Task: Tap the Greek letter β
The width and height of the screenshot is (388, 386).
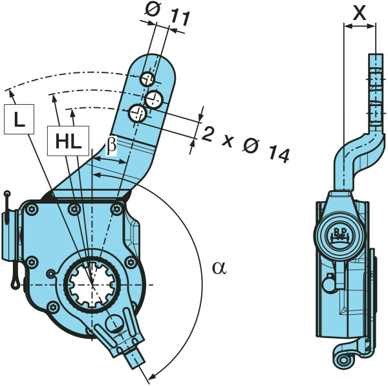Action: [111, 146]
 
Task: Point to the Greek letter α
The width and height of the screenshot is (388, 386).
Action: [219, 267]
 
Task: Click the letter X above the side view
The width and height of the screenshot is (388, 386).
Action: [360, 10]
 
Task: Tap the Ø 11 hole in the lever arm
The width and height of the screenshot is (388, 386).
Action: [148, 80]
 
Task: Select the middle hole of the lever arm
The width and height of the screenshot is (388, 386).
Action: [155, 98]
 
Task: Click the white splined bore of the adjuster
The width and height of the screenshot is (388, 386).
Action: [92, 284]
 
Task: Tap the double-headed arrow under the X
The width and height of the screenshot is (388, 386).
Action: [360, 27]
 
